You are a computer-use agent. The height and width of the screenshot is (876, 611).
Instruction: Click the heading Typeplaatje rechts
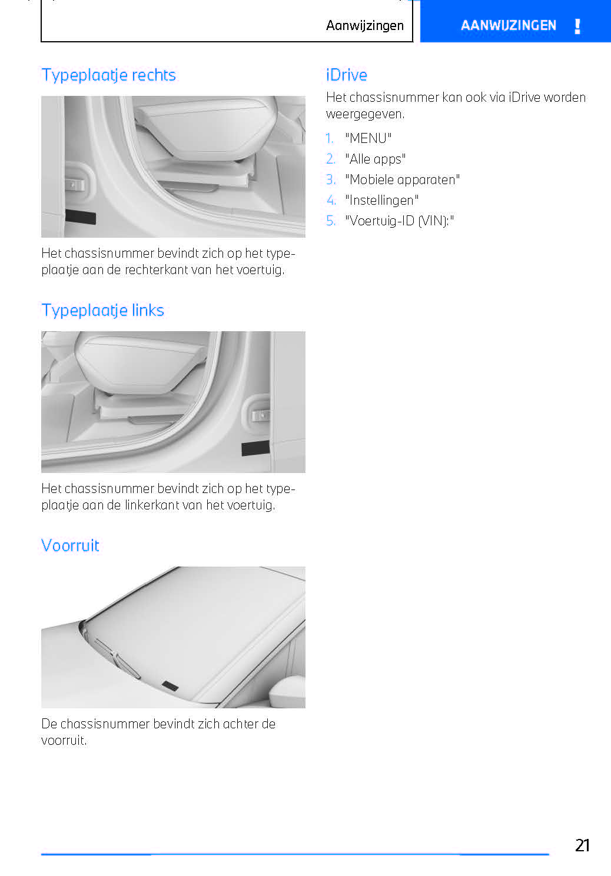click(x=108, y=75)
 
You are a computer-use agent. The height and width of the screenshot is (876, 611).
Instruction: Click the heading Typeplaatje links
click(x=102, y=311)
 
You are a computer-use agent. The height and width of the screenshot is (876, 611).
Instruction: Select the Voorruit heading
click(x=70, y=546)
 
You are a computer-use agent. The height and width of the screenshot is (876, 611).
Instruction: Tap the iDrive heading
click(x=346, y=75)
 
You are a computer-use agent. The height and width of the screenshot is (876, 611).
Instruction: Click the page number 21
click(x=582, y=845)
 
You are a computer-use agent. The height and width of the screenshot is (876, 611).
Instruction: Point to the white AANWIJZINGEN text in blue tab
click(x=508, y=25)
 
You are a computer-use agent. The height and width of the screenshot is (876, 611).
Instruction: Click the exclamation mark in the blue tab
click(x=577, y=26)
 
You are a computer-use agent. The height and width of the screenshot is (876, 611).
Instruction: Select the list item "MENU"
click(x=368, y=138)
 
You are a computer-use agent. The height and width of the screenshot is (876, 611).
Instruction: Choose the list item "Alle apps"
click(x=375, y=159)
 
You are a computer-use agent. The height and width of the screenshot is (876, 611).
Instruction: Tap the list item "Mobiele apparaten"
click(x=402, y=179)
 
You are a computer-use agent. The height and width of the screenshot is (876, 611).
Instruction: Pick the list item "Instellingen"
click(x=381, y=200)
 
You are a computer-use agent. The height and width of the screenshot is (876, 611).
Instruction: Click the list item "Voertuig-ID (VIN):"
click(x=399, y=221)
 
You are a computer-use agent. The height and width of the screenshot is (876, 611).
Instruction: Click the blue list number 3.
click(x=331, y=179)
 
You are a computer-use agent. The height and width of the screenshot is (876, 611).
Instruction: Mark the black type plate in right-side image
click(x=81, y=216)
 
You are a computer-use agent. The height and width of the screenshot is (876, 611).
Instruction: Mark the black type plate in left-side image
click(x=255, y=448)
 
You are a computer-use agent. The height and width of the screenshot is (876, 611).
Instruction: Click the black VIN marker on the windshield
click(x=170, y=685)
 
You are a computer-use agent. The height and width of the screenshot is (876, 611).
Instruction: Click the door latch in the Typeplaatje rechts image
click(x=75, y=185)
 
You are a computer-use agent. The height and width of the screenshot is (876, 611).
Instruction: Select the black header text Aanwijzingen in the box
click(x=364, y=25)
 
